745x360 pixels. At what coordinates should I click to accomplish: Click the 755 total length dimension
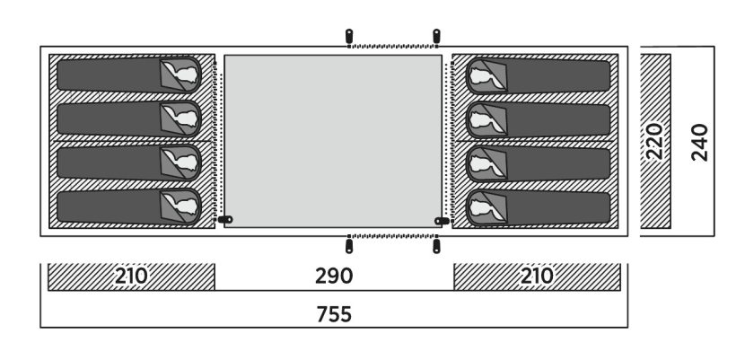click(334, 314)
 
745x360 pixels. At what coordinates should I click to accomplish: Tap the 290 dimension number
click(334, 276)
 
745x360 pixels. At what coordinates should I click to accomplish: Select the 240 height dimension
click(700, 142)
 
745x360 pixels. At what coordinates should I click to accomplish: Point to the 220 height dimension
click(654, 141)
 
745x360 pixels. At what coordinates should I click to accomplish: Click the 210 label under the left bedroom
click(131, 276)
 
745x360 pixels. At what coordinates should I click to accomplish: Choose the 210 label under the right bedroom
click(537, 276)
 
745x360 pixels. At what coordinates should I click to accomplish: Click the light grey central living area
click(333, 141)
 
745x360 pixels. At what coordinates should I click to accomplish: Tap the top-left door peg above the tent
click(349, 36)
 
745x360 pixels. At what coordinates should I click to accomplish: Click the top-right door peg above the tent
click(436, 36)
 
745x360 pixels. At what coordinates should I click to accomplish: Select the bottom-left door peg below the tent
click(349, 246)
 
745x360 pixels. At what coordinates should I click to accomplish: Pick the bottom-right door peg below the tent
click(436, 246)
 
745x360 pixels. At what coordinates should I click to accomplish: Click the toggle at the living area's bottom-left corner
click(225, 219)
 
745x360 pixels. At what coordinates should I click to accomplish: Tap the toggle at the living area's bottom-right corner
click(442, 221)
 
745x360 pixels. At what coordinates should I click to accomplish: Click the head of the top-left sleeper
click(185, 75)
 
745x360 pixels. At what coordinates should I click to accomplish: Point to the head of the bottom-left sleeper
click(185, 206)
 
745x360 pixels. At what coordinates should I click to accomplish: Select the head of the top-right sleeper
click(482, 76)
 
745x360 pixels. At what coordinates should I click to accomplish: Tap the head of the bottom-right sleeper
click(482, 208)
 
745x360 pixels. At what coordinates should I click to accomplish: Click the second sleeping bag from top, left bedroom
click(129, 119)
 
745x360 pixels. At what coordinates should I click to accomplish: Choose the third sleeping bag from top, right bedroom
click(538, 164)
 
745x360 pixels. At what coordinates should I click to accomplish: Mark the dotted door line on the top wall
click(393, 46)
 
